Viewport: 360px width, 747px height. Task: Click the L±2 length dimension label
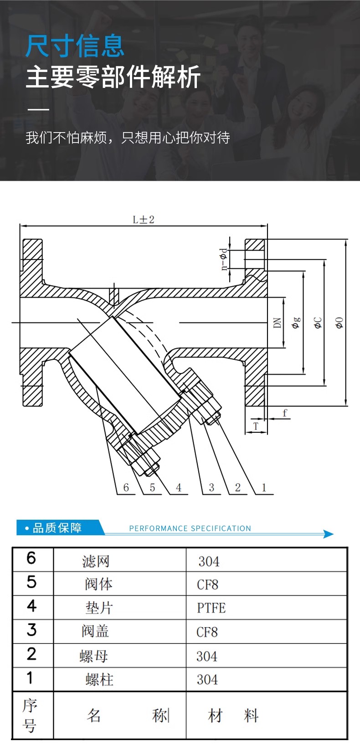[144, 220]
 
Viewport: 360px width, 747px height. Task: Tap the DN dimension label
[277, 323]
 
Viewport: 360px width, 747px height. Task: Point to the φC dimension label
[318, 322]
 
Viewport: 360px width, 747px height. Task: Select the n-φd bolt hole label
[224, 259]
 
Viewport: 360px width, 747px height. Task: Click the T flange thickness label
[256, 426]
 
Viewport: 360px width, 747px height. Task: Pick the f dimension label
[285, 413]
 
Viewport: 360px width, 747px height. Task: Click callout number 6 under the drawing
[126, 487]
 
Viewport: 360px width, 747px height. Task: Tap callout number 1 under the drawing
[264, 487]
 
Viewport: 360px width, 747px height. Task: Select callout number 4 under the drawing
[179, 487]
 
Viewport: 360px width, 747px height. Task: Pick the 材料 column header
[233, 715]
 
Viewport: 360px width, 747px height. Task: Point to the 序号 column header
[30, 716]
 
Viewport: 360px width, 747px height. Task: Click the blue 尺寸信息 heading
[75, 46]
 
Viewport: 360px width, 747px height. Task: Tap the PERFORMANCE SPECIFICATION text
[190, 528]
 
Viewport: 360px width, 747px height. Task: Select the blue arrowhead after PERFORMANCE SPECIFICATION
[328, 534]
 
